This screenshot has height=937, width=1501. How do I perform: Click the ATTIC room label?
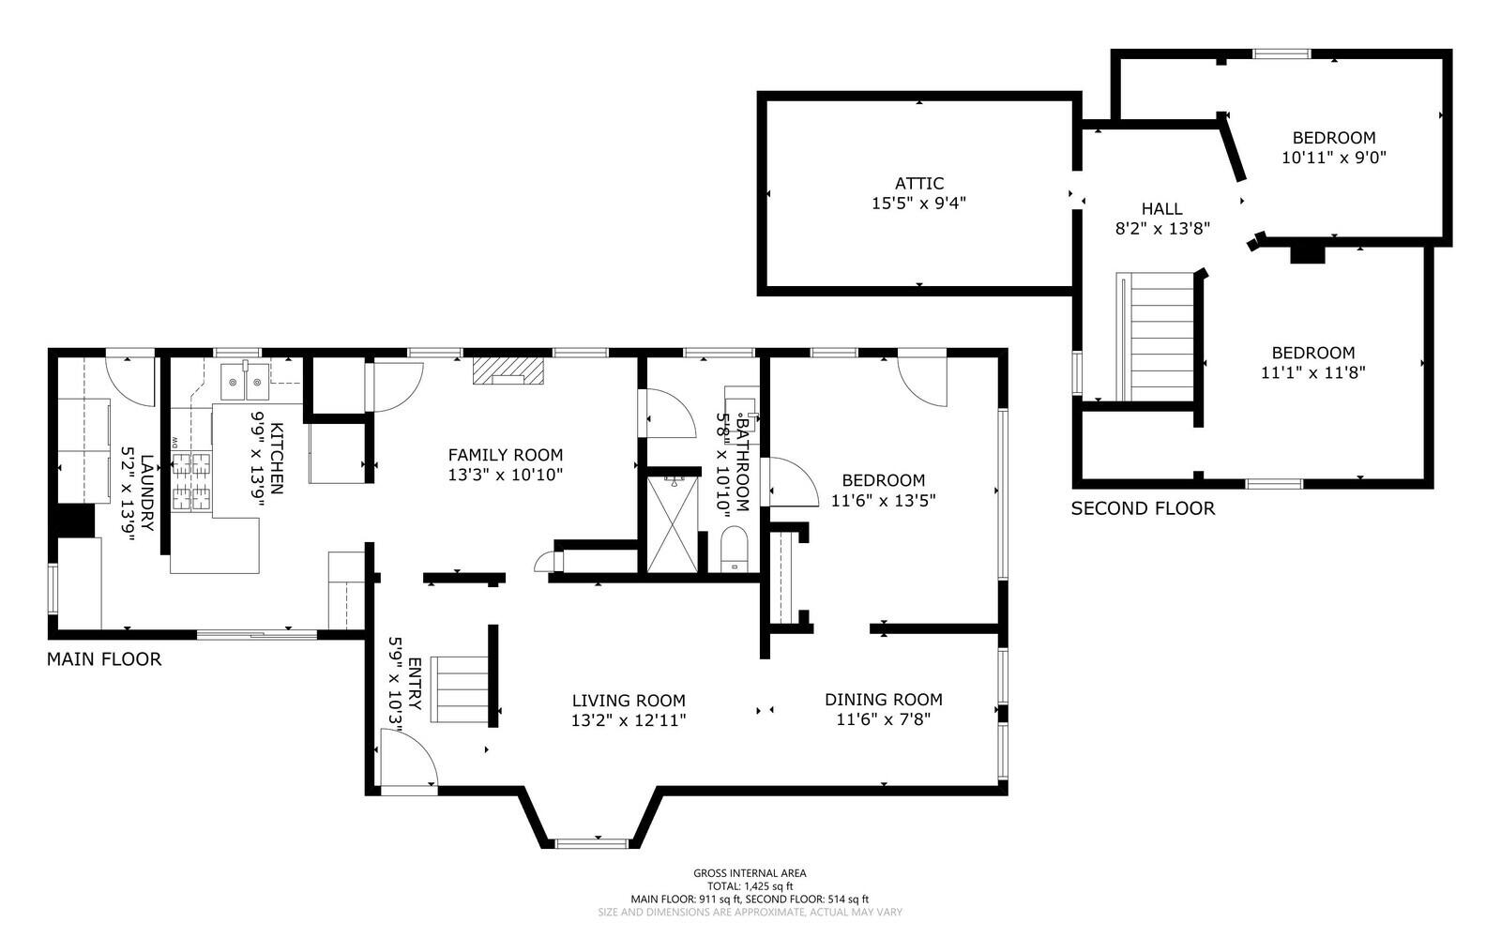coord(919,183)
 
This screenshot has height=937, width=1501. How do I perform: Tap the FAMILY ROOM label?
coord(506,456)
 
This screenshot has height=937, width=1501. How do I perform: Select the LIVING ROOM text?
coord(629,701)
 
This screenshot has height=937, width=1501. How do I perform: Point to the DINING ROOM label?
coord(883,700)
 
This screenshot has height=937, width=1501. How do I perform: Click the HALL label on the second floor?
coord(1162,209)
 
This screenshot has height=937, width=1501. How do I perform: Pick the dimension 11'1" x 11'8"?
coord(1313,372)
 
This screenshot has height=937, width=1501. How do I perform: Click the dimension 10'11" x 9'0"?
coord(1333,158)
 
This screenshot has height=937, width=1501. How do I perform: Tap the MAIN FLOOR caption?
coord(104,659)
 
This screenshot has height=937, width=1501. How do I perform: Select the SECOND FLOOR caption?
coord(1143,508)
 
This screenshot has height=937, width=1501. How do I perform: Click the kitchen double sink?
coord(245,381)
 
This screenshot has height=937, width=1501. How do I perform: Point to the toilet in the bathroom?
coord(734,550)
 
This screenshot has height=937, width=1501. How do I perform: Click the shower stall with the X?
coord(672,523)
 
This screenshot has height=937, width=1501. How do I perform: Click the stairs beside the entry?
coord(460,689)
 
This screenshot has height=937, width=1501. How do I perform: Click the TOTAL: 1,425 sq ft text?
coord(750,886)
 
